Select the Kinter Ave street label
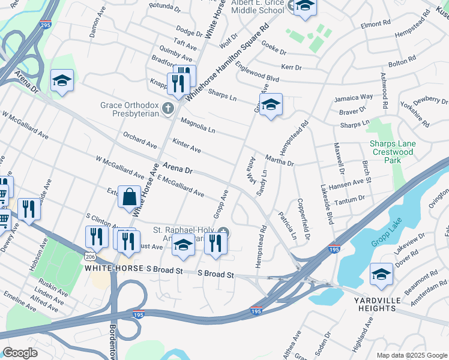coord(186,145)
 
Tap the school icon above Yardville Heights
coord(381,275)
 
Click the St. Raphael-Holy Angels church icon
coord(223,232)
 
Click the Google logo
coord(20,353)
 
